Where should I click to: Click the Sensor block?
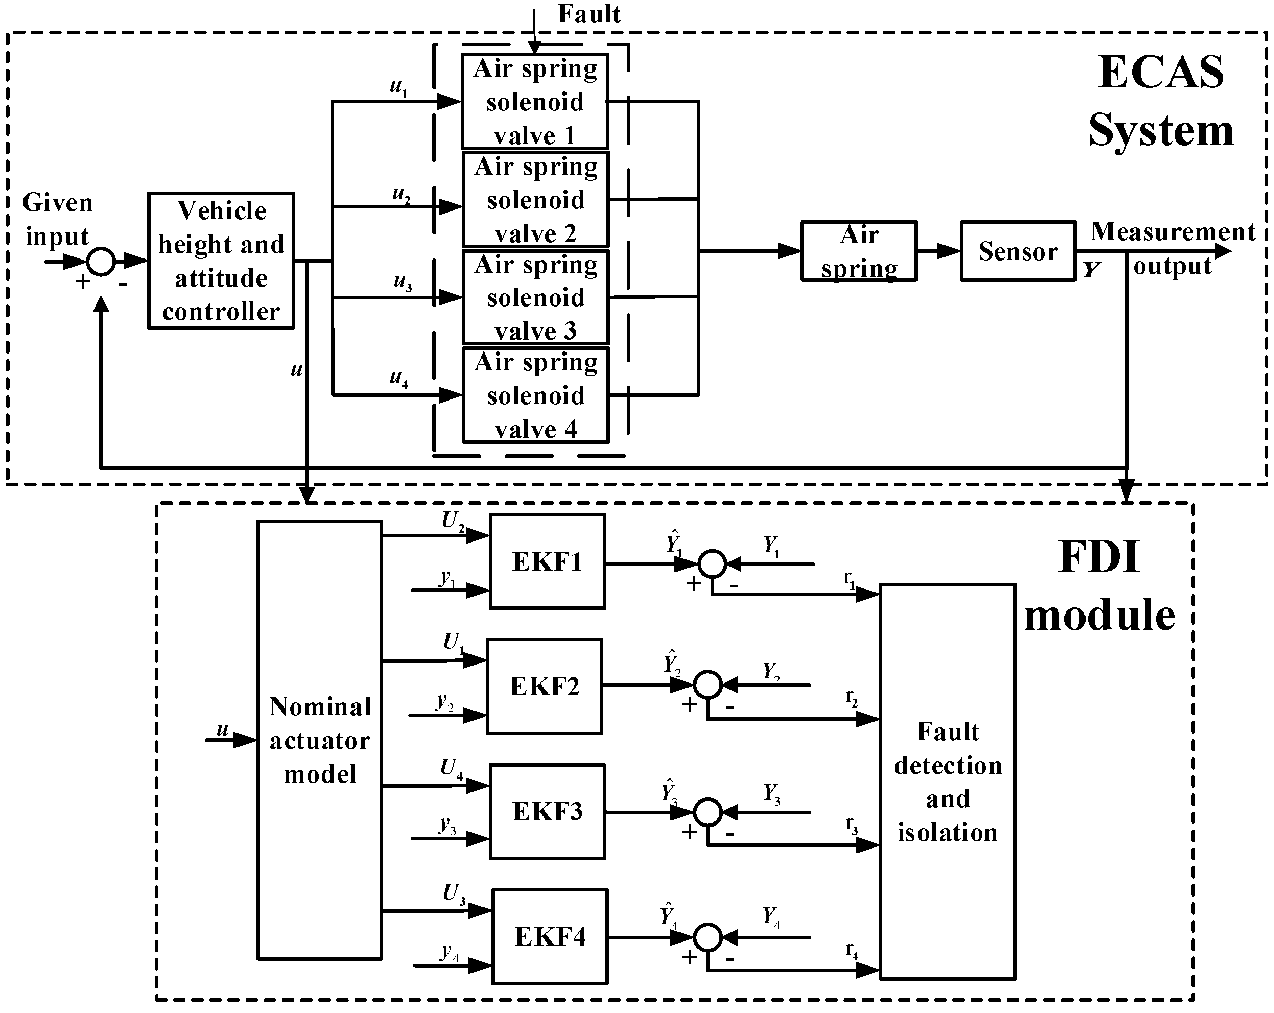point(1018,251)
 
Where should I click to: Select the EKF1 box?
point(547,561)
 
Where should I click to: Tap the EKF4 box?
point(550,937)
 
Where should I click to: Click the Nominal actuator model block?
point(320,740)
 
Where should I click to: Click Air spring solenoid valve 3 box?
point(535,297)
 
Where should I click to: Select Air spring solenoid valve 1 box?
point(535,102)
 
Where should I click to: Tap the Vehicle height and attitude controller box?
point(221,261)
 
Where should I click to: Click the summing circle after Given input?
point(101,261)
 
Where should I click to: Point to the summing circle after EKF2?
point(707,685)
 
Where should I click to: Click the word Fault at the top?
point(589,14)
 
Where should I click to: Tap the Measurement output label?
point(1172,248)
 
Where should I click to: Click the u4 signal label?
point(399,378)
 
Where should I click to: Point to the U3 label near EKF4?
point(454,893)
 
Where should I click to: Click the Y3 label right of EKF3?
point(772,793)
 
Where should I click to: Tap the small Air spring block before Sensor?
point(859,251)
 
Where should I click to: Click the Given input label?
point(57,219)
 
